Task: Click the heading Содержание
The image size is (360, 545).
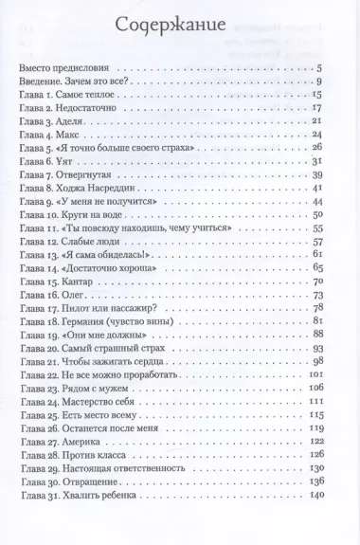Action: [179, 26]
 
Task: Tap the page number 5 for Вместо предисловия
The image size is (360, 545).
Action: [321, 68]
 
